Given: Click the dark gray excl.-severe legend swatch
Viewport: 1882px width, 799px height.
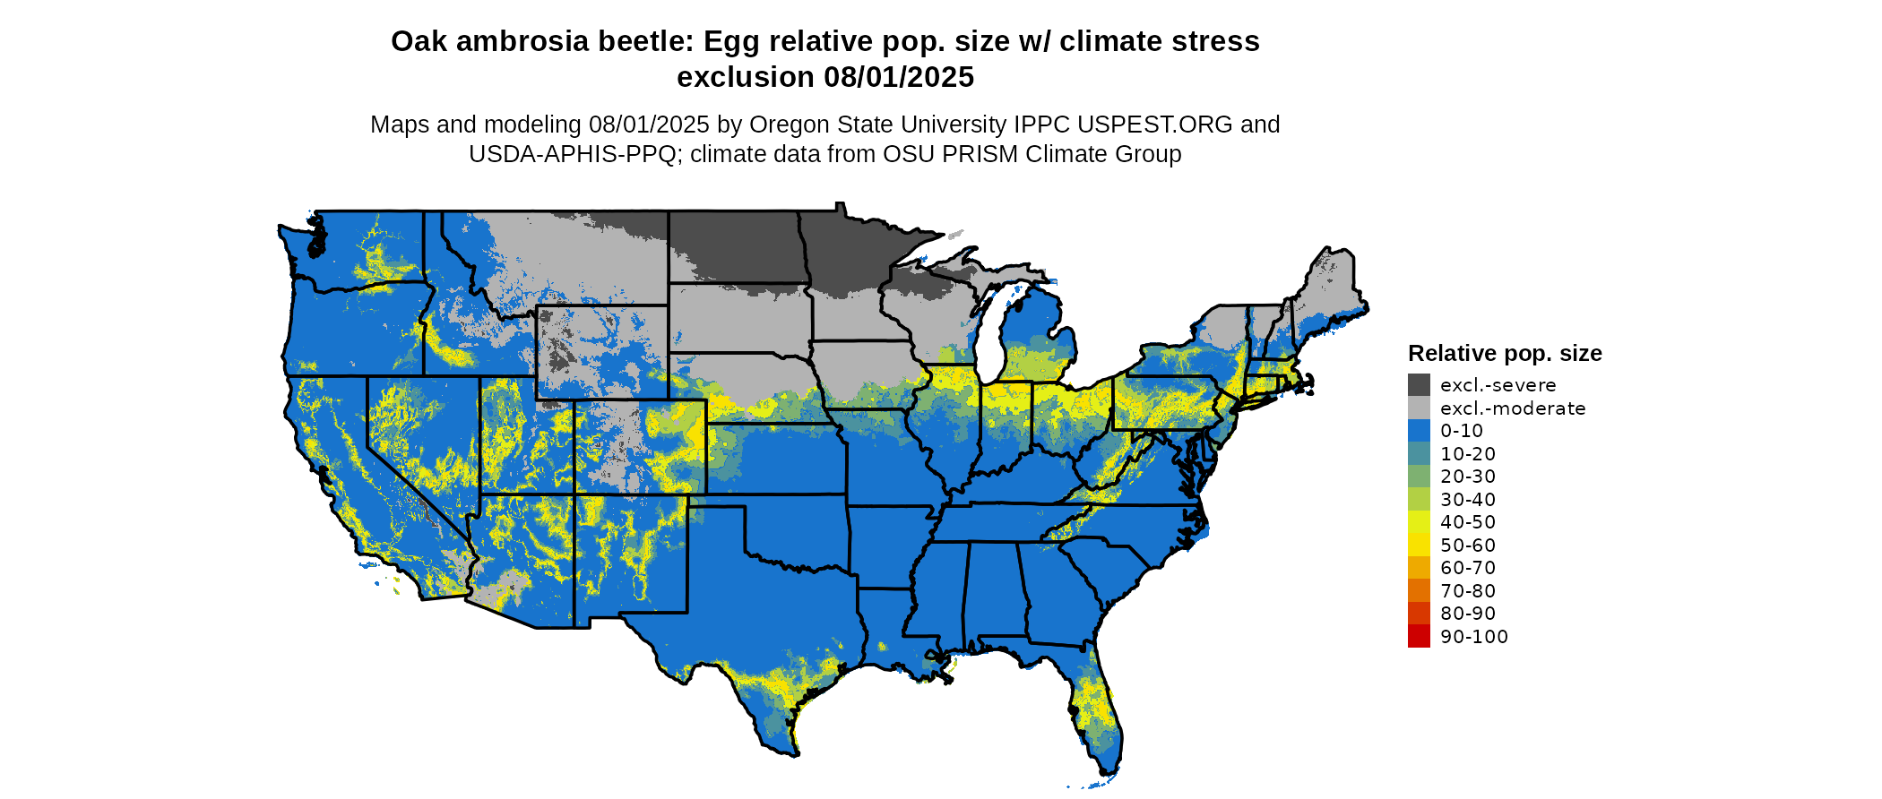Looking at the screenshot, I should (x=1419, y=385).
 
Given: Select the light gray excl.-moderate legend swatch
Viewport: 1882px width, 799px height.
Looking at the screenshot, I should (x=1419, y=408).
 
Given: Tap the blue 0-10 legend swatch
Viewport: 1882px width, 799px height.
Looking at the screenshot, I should (x=1419, y=431).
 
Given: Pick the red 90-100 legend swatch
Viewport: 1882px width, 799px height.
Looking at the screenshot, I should (x=1419, y=636).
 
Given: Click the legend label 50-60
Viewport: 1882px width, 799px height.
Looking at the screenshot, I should (x=1468, y=546).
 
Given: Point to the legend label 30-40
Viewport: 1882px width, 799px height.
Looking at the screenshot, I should (x=1468, y=500).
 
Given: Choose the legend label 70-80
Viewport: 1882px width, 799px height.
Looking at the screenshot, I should (x=1468, y=591).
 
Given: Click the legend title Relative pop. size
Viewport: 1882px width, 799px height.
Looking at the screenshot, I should (x=1505, y=353).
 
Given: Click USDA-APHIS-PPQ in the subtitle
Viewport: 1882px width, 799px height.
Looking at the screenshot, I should (x=573, y=154).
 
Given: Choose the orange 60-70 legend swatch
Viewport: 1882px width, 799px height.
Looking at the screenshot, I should (x=1419, y=568).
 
